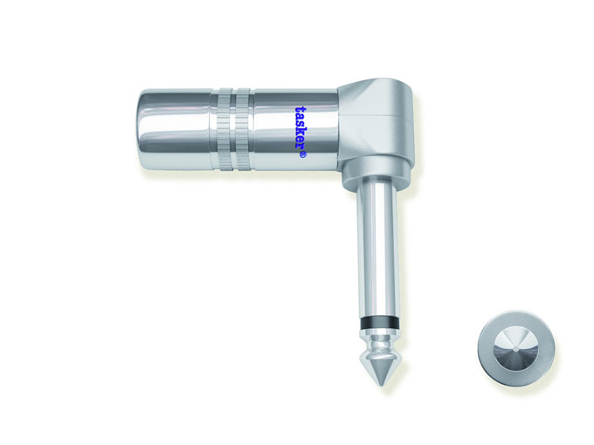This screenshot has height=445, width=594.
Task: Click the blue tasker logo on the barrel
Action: click(x=300, y=132)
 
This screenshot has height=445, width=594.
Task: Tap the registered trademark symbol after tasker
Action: click(x=303, y=155)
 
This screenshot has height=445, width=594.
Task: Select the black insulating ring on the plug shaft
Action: click(x=378, y=325)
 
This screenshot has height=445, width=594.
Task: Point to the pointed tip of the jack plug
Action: click(x=382, y=385)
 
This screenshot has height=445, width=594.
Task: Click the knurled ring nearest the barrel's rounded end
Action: click(x=224, y=128)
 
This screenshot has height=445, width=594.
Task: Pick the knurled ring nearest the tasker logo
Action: click(x=243, y=128)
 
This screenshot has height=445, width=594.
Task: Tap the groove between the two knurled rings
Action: click(x=234, y=128)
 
